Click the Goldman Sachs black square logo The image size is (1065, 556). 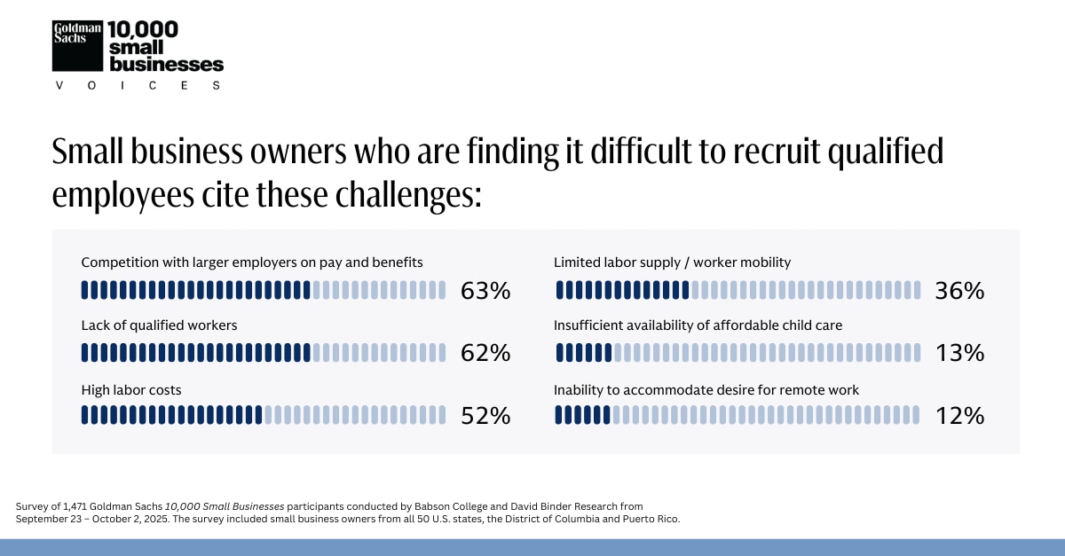[x=77, y=45]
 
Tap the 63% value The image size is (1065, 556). [x=485, y=291]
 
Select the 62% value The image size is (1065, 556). [x=485, y=353]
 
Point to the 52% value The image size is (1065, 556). [x=485, y=415]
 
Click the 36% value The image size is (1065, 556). [x=959, y=291]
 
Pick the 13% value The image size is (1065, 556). [x=959, y=353]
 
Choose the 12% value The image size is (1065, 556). [x=959, y=415]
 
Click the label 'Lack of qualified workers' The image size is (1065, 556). [x=159, y=325]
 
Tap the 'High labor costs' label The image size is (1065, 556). [x=131, y=389]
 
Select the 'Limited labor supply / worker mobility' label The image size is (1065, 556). [x=672, y=262]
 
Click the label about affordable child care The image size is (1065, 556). [x=698, y=325]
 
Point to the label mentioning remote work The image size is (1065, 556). [x=706, y=389]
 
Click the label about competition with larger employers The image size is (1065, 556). [x=251, y=262]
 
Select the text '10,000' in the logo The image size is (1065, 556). [x=142, y=29]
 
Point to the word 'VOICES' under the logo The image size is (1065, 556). [x=138, y=85]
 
